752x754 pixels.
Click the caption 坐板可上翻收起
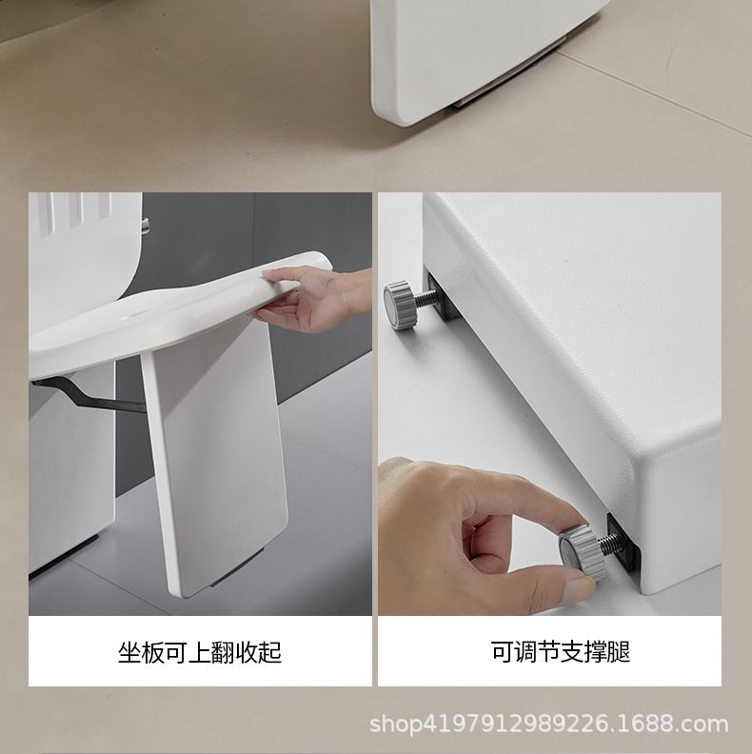[x=200, y=652]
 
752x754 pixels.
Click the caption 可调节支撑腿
[x=561, y=651]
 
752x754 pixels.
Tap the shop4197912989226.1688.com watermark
[x=548, y=724]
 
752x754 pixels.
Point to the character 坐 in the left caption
[x=129, y=652]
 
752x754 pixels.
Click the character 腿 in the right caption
[x=619, y=651]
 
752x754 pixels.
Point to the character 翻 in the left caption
[x=223, y=652]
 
